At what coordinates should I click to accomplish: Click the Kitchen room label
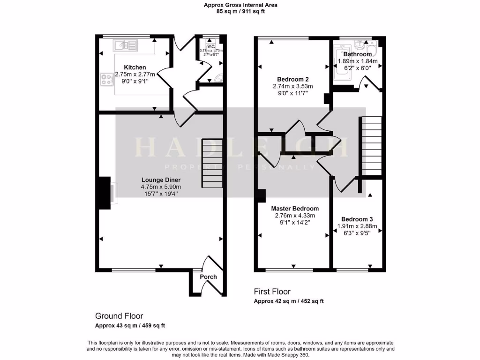tap(135, 67)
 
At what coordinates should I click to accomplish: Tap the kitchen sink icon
tap(125, 45)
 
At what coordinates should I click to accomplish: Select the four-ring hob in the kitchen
tap(106, 80)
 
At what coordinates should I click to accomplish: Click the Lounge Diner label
tap(161, 180)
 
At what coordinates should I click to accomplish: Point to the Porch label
tap(208, 277)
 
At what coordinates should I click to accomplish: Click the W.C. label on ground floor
tap(211, 46)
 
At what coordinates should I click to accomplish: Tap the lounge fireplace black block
tap(104, 192)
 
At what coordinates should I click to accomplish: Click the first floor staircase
tap(371, 145)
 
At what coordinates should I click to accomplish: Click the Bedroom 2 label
tap(292, 79)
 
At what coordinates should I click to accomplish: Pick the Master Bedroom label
tap(295, 209)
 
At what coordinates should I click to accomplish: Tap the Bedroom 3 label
tap(357, 219)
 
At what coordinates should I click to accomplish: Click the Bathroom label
tap(357, 54)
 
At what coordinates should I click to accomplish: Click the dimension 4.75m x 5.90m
tap(161, 187)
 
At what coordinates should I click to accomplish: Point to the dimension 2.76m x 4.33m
tap(295, 216)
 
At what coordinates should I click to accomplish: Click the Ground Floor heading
tap(119, 316)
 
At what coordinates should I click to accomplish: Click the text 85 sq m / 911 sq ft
tap(240, 11)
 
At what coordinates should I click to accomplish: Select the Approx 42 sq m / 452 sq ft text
tap(289, 301)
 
